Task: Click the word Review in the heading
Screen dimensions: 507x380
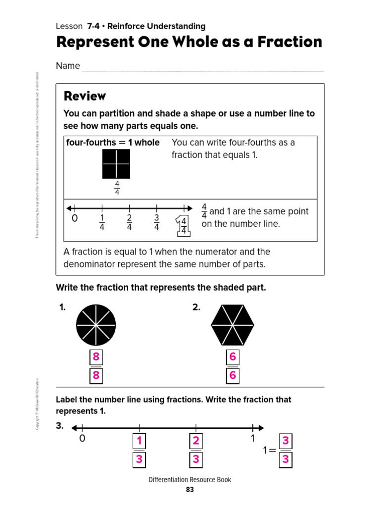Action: coord(85,96)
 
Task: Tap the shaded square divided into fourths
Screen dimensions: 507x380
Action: coord(116,164)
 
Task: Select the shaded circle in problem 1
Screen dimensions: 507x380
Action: coord(95,325)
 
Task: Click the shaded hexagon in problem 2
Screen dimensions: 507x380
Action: coord(233,325)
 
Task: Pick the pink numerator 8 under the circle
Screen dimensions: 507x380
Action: coord(96,357)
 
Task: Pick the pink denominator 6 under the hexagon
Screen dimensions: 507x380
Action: coord(233,376)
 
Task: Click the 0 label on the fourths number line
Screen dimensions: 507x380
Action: coord(75,219)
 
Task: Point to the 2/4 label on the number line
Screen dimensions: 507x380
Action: coord(129,222)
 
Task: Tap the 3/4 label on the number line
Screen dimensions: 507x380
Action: coord(156,222)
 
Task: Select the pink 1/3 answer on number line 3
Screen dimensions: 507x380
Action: coord(140,450)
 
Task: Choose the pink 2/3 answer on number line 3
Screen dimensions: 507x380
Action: coord(196,450)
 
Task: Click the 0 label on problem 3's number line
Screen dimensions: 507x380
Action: coord(82,438)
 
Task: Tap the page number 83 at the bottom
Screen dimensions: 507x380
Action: coord(190,490)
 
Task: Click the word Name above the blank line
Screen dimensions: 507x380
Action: coord(68,66)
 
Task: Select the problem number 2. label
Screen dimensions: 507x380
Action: coord(196,307)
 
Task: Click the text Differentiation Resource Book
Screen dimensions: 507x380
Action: coord(190,479)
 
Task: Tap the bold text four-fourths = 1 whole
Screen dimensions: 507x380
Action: coord(113,143)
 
